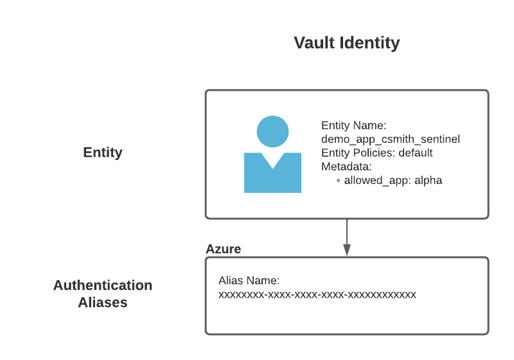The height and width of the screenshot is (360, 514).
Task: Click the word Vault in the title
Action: tap(314, 43)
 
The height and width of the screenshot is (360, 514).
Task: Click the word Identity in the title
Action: tap(369, 43)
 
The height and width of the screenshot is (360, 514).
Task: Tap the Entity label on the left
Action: tap(103, 152)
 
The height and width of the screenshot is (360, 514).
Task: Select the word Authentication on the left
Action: tap(103, 285)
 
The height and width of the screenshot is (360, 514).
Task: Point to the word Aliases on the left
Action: tap(103, 302)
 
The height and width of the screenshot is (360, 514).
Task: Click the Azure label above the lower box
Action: tap(223, 249)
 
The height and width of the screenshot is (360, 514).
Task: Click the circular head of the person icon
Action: tap(272, 132)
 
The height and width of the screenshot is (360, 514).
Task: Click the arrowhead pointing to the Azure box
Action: tap(347, 250)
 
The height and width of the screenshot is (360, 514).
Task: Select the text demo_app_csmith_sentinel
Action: tap(391, 139)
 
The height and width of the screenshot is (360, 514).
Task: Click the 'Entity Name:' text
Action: tap(354, 125)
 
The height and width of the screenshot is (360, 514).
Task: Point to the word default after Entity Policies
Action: tap(416, 153)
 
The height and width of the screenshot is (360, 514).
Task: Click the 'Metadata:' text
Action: tap(346, 166)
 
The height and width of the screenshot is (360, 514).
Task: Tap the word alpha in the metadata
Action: tap(428, 181)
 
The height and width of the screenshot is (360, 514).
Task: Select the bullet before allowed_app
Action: tap(339, 181)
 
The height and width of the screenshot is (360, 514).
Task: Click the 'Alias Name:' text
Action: tap(249, 281)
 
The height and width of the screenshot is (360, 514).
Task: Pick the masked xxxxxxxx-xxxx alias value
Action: tap(317, 295)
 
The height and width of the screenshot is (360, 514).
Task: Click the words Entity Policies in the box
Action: tap(358, 153)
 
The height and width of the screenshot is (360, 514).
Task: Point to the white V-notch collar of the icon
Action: tap(272, 159)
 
